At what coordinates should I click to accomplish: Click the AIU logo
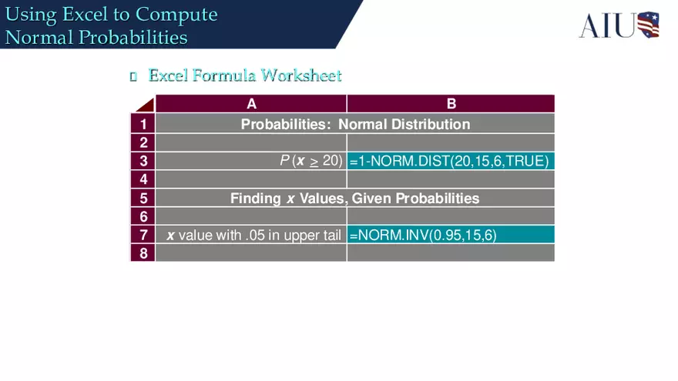point(619,25)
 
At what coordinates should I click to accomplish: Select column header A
point(251,104)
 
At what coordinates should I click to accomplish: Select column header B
point(451,104)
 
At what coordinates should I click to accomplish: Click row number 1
point(143,124)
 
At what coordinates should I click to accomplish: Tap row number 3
point(143,161)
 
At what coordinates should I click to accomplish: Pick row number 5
point(143,198)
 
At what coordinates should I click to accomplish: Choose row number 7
point(143,235)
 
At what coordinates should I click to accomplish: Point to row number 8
point(143,253)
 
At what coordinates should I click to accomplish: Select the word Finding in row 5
point(256,198)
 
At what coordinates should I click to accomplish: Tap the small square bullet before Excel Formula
point(133,76)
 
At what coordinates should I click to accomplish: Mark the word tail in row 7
point(330,236)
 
